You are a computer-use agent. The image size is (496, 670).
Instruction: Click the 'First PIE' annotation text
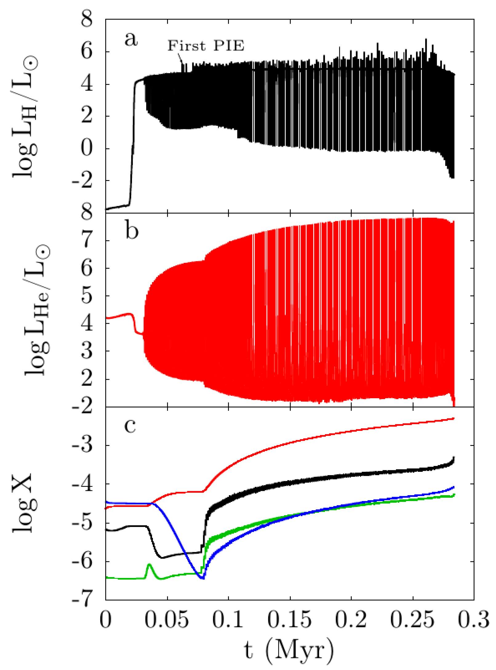206,46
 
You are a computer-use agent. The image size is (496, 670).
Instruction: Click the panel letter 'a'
131,39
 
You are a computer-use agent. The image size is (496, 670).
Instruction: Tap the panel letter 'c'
130,426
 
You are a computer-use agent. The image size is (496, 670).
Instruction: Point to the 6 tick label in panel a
87,51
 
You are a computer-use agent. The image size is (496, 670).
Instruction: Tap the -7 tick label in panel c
82,600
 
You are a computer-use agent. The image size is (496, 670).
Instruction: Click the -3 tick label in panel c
82,445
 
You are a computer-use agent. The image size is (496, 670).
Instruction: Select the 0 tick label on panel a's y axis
87,148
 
